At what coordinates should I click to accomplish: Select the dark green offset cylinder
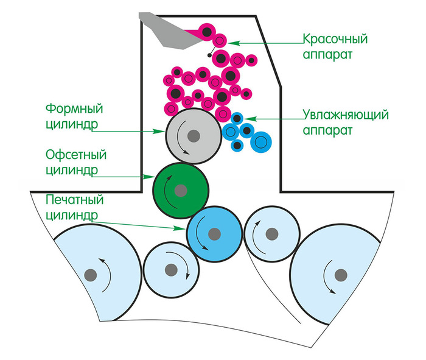click(x=181, y=189)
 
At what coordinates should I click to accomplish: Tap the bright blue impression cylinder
click(x=214, y=233)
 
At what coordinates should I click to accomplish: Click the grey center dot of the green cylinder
click(x=181, y=191)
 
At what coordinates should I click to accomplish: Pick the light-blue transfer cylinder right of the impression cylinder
click(x=271, y=233)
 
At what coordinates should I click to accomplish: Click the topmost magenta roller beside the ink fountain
click(x=208, y=32)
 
